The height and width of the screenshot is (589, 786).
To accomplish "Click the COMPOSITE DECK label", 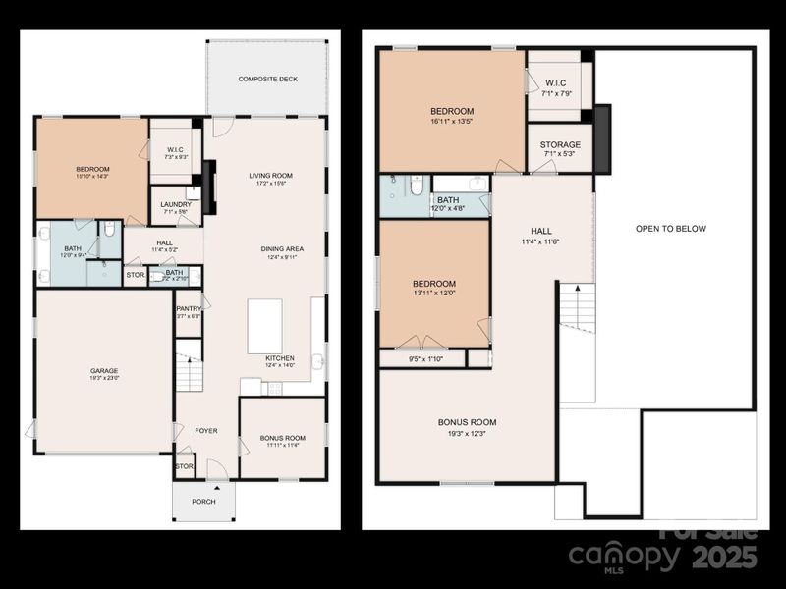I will click(x=266, y=79).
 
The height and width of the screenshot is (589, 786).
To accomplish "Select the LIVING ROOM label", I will click(x=270, y=175).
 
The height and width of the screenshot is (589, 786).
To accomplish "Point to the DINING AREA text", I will click(x=282, y=249).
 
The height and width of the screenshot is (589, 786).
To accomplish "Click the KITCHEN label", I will click(x=280, y=358).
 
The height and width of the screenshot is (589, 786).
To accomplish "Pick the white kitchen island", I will click(x=264, y=326).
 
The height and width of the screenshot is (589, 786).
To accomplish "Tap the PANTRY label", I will click(x=189, y=308).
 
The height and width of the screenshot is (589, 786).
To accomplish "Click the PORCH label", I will click(x=203, y=501).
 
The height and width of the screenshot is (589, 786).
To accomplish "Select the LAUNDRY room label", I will click(x=176, y=204).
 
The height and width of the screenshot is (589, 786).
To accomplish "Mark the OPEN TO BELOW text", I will click(x=671, y=229).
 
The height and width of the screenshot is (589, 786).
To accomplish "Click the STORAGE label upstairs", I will click(x=560, y=144).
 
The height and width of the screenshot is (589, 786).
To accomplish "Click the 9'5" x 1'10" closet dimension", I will click(x=424, y=359).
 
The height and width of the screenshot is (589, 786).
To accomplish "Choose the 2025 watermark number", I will click(x=724, y=558).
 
